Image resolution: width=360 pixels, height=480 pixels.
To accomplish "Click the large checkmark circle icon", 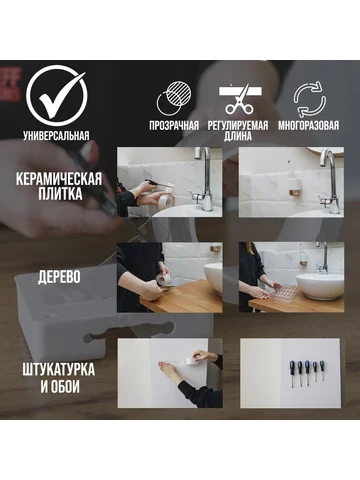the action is pyautogui.click(x=56, y=96).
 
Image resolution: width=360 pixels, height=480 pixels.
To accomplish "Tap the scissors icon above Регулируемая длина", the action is pyautogui.click(x=239, y=99).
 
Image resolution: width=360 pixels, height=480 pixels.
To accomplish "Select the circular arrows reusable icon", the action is pyautogui.click(x=310, y=99).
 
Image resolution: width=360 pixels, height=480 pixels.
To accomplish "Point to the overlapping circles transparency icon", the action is pyautogui.click(x=174, y=98).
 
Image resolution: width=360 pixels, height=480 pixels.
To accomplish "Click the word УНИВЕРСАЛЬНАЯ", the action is pyautogui.click(x=56, y=136).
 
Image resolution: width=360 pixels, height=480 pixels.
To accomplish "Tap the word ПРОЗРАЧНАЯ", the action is pyautogui.click(x=174, y=126).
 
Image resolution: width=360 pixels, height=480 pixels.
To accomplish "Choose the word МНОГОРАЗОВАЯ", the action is pyautogui.click(x=308, y=126).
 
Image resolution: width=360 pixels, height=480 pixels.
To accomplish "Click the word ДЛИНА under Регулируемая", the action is pyautogui.click(x=238, y=136).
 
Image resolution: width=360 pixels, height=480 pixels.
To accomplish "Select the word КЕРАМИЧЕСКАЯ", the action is pyautogui.click(x=59, y=179).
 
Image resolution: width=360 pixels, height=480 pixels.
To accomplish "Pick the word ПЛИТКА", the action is pyautogui.click(x=60, y=194).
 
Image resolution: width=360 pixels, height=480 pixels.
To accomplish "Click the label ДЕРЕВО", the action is pyautogui.click(x=59, y=277).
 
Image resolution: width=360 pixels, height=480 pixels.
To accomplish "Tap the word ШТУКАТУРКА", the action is pyautogui.click(x=59, y=370).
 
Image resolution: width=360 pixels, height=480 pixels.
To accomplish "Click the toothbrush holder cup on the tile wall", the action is pyautogui.click(x=293, y=187).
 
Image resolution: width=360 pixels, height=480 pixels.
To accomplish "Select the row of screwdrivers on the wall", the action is pyautogui.click(x=307, y=372).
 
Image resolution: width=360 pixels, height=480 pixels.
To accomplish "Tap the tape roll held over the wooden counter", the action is pyautogui.click(x=164, y=279).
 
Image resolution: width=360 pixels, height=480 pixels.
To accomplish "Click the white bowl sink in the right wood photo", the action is pyautogui.click(x=320, y=286).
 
